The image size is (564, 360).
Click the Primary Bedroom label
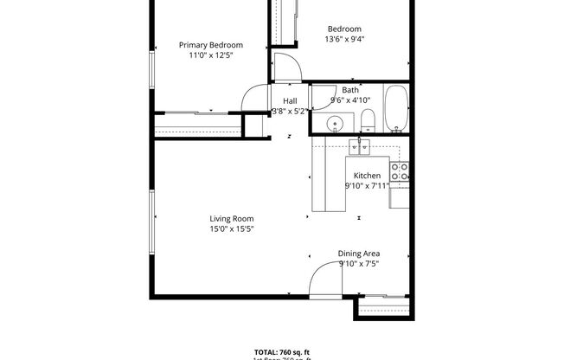tap(210, 45)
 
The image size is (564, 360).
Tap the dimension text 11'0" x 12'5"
tap(210, 55)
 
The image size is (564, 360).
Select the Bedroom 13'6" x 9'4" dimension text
tap(343, 39)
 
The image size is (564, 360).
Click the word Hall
tap(290, 100)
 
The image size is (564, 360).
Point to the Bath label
tap(350, 90)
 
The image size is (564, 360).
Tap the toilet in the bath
tap(367, 120)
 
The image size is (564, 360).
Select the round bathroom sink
tap(336, 124)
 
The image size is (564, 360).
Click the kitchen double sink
tap(360, 147)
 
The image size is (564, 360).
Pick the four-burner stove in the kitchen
tap(399, 171)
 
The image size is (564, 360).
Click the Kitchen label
tap(367, 175)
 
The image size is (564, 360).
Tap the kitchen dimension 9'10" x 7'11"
tap(367, 185)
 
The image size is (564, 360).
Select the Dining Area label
tap(359, 254)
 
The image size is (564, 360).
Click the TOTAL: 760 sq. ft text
tap(282, 352)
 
